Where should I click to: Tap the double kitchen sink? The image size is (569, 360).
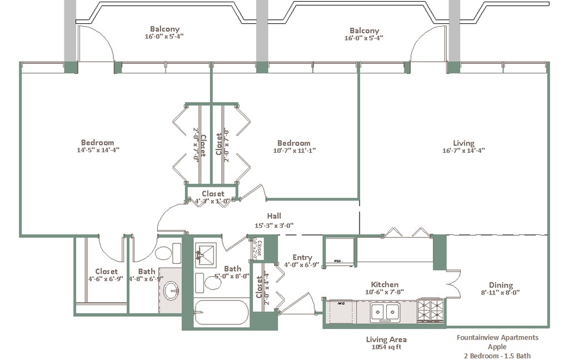[x=386, y=312]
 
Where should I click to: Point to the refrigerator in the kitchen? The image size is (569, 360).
[x=339, y=252]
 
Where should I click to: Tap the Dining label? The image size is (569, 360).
[x=501, y=285]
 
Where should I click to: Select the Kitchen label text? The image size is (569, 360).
[x=385, y=284]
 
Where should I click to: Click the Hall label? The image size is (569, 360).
[x=274, y=216]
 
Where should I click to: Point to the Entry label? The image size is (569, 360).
[x=302, y=257]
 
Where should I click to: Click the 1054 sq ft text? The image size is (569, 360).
[x=386, y=347]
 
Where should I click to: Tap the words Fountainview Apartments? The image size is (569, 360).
[x=497, y=337]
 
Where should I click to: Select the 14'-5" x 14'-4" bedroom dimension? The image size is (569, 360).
[x=98, y=150]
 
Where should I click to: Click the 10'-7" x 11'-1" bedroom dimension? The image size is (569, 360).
[x=294, y=151]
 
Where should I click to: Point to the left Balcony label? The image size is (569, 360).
[x=164, y=29]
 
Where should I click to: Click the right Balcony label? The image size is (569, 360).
[x=364, y=31]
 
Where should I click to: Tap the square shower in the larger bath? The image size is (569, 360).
[x=208, y=254]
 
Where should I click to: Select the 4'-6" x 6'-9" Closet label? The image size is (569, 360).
[x=106, y=272]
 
